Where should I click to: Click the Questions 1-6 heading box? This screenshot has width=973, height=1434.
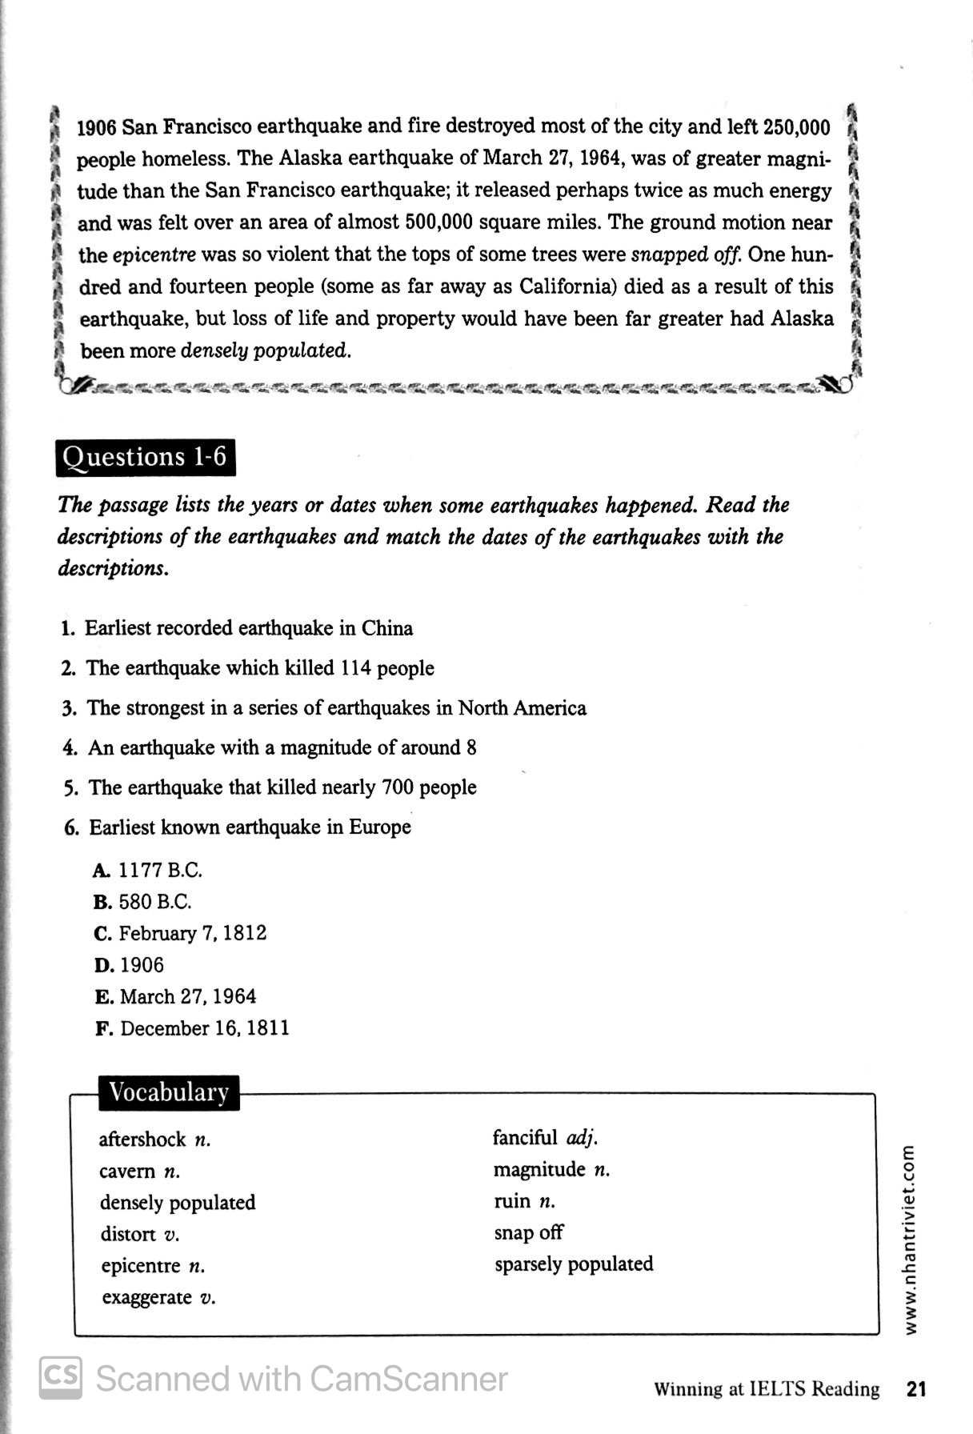tap(145, 457)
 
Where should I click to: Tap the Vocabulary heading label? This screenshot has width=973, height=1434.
tap(169, 1092)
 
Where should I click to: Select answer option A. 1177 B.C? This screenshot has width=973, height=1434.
tap(148, 870)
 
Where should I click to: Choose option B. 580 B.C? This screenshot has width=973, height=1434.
tap(142, 902)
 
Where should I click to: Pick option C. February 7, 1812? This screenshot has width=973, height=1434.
tap(180, 934)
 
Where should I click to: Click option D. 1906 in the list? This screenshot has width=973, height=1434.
tap(129, 965)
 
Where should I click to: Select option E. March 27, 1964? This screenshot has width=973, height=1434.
tap(175, 997)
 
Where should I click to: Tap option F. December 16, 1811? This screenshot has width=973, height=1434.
tap(192, 1028)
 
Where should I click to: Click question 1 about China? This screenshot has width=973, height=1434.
tap(238, 628)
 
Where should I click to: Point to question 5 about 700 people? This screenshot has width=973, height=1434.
tap(270, 787)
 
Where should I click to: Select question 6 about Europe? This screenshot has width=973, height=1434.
tap(238, 827)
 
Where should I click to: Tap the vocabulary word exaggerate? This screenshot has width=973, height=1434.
tap(147, 1297)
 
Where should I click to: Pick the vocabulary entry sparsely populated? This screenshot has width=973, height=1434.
tap(573, 1264)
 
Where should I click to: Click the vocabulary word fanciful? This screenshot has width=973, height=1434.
tap(525, 1138)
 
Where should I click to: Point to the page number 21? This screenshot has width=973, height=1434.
tap(916, 1389)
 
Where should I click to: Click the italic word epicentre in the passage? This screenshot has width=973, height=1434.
tap(154, 255)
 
